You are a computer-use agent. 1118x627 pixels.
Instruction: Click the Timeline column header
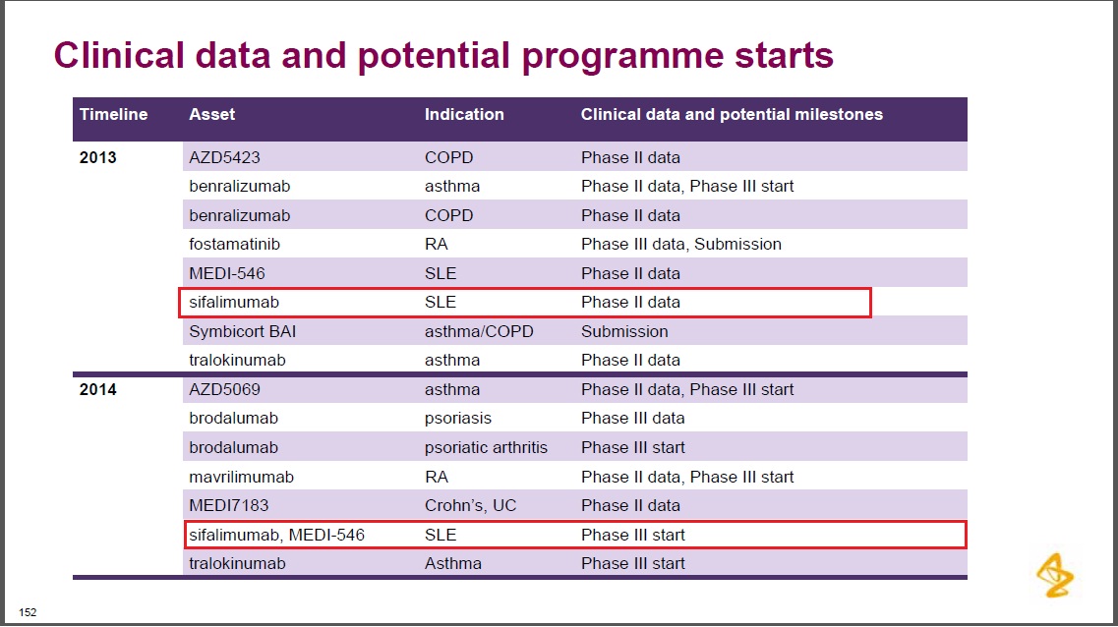pyautogui.click(x=113, y=115)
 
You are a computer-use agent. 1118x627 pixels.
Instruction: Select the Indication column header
pyautogui.click(x=464, y=115)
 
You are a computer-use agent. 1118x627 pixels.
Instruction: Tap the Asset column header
pyautogui.click(x=211, y=115)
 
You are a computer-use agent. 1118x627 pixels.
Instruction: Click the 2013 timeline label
pyautogui.click(x=97, y=157)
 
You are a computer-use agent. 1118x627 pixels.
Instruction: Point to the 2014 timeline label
pyautogui.click(x=97, y=390)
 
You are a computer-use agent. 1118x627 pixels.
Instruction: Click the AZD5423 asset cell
pyautogui.click(x=224, y=157)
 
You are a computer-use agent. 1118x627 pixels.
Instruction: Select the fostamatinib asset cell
pyautogui.click(x=235, y=245)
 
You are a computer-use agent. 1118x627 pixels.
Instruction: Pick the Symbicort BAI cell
pyautogui.click(x=243, y=331)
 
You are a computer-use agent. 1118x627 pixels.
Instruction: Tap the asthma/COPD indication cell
pyautogui.click(x=479, y=332)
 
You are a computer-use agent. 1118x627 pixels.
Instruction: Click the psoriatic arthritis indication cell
pyautogui.click(x=487, y=448)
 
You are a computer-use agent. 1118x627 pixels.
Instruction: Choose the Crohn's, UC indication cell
pyautogui.click(x=471, y=506)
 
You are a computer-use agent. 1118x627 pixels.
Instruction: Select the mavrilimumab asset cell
pyautogui.click(x=241, y=478)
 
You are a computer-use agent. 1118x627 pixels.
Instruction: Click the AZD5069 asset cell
pyautogui.click(x=224, y=390)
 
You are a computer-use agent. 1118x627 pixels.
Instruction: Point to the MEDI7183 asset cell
pyautogui.click(x=229, y=506)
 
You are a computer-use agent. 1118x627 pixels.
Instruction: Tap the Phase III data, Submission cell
pyautogui.click(x=680, y=245)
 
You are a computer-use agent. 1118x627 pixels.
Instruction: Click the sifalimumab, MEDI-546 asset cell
pyautogui.click(x=276, y=535)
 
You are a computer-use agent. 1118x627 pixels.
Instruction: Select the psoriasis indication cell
pyautogui.click(x=458, y=419)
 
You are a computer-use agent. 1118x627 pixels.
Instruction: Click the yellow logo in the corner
pyautogui.click(x=1055, y=575)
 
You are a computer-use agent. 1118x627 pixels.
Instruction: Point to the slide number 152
pyautogui.click(x=28, y=612)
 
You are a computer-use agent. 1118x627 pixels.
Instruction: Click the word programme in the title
pyautogui.click(x=622, y=57)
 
